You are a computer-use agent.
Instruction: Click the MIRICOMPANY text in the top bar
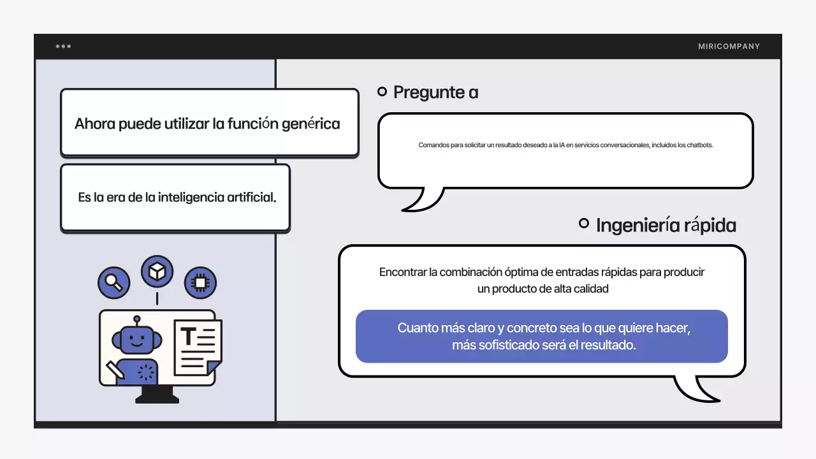pos(729,47)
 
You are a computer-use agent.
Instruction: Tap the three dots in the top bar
pos(63,47)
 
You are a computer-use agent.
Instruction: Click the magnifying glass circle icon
pos(114,282)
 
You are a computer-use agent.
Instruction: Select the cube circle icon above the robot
pos(157,272)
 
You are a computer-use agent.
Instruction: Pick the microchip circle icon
pos(200,282)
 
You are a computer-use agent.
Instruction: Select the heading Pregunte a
pos(435,92)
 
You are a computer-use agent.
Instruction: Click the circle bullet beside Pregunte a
pos(382,92)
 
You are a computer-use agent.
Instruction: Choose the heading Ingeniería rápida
pos(666,225)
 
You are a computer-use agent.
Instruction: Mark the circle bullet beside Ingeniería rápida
pos(583,223)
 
